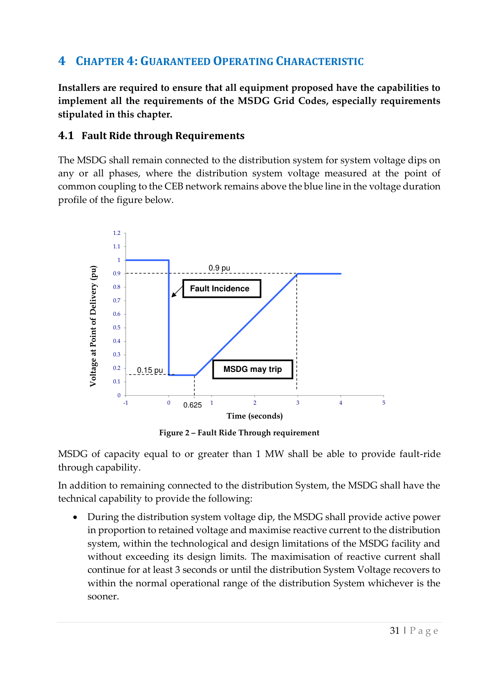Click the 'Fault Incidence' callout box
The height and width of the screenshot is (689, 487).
pyautogui.click(x=221, y=288)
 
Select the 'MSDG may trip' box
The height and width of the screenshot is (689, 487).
pyautogui.click(x=252, y=369)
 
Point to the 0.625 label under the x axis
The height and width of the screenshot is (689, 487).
pyautogui.click(x=192, y=405)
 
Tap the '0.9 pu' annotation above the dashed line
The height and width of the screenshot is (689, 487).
pyautogui.click(x=219, y=268)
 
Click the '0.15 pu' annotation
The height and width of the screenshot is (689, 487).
pyautogui.click(x=150, y=370)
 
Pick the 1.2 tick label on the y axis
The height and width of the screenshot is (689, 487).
pyautogui.click(x=117, y=233)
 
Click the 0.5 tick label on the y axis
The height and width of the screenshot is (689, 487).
pyautogui.click(x=117, y=328)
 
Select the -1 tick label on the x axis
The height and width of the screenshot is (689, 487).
pyautogui.click(x=126, y=403)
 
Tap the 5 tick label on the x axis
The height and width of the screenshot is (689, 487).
pyautogui.click(x=384, y=403)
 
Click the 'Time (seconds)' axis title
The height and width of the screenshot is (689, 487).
pyautogui.click(x=254, y=416)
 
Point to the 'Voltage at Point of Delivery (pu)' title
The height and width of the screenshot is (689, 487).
pyautogui.click(x=94, y=326)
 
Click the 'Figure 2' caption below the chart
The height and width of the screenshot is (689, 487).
pyautogui.click(x=239, y=433)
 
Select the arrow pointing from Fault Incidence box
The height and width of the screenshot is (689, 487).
pyautogui.click(x=177, y=291)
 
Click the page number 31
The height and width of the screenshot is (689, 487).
pyautogui.click(x=395, y=630)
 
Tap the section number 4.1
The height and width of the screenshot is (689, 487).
pyautogui.click(x=66, y=136)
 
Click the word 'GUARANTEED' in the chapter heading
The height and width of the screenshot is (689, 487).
pyautogui.click(x=175, y=61)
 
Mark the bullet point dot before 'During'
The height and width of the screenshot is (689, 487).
pyautogui.click(x=75, y=518)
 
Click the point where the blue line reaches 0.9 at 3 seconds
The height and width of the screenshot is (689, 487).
pyautogui.click(x=297, y=274)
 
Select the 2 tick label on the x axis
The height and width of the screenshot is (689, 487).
pyautogui.click(x=255, y=403)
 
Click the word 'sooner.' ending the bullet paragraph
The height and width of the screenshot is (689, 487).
pyautogui.click(x=103, y=597)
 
